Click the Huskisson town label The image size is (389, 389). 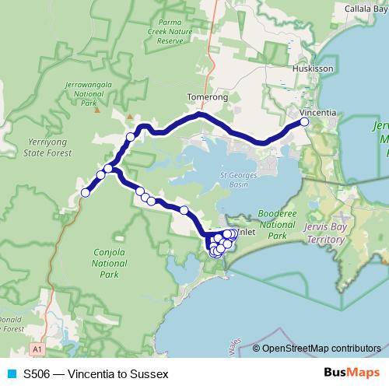click(313, 68)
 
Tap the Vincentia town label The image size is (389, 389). click(319, 113)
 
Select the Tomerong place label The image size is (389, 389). click(208, 97)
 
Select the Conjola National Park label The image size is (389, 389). click(109, 262)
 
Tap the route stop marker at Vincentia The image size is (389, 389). click(304, 122)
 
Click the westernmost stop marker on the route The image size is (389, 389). click(86, 193)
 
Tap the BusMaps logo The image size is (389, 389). click(352, 373)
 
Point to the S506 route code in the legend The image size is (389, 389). click(37, 374)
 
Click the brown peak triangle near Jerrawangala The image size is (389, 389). click(97, 110)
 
